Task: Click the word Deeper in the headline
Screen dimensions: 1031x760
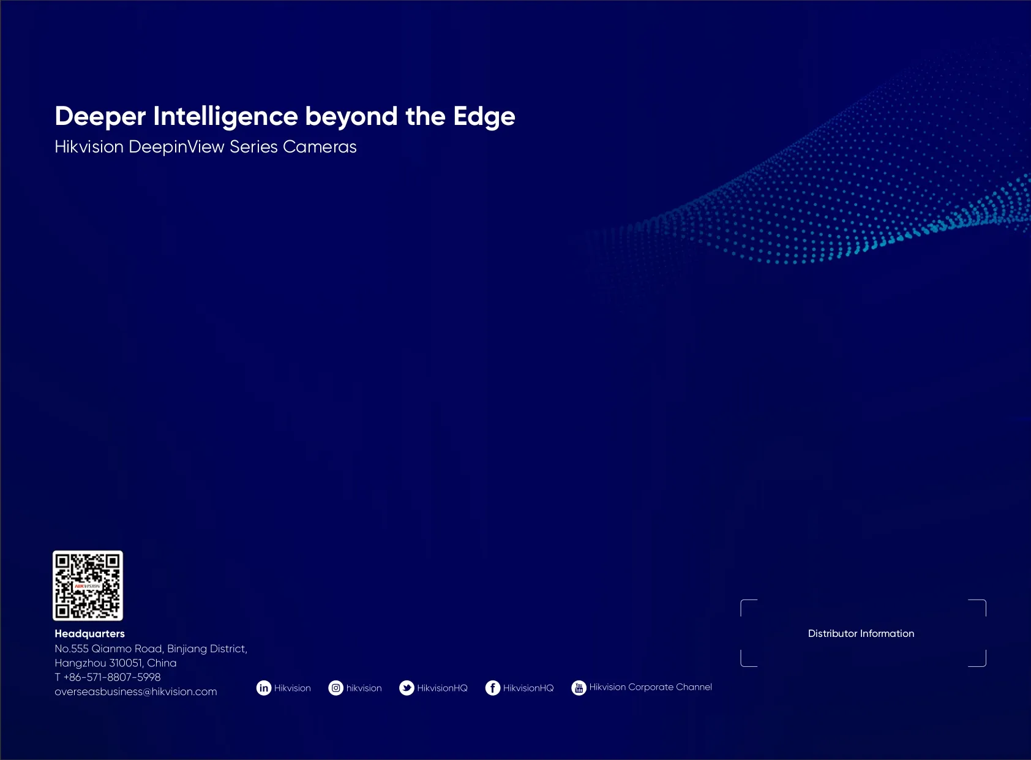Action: (100, 116)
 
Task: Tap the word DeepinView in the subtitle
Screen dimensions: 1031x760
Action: (177, 148)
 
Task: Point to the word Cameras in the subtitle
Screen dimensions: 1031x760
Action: (320, 147)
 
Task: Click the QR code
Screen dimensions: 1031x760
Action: (88, 585)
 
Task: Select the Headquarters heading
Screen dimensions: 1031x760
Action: (90, 634)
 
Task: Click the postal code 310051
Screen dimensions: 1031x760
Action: (126, 663)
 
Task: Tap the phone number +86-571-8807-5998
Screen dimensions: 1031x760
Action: (112, 677)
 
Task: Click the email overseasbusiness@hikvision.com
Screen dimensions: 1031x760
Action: (136, 691)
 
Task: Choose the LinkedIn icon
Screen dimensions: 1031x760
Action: (264, 688)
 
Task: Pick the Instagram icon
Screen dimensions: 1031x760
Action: (336, 688)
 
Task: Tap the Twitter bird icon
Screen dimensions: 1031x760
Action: (407, 688)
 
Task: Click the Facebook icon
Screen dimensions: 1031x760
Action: (493, 688)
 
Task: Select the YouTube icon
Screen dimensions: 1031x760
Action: (579, 688)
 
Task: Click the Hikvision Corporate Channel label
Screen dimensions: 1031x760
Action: (650, 687)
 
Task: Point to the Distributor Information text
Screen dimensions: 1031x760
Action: (861, 633)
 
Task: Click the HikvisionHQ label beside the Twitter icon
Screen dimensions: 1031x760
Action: (442, 688)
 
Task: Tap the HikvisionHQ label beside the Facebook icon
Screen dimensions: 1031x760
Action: (528, 688)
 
